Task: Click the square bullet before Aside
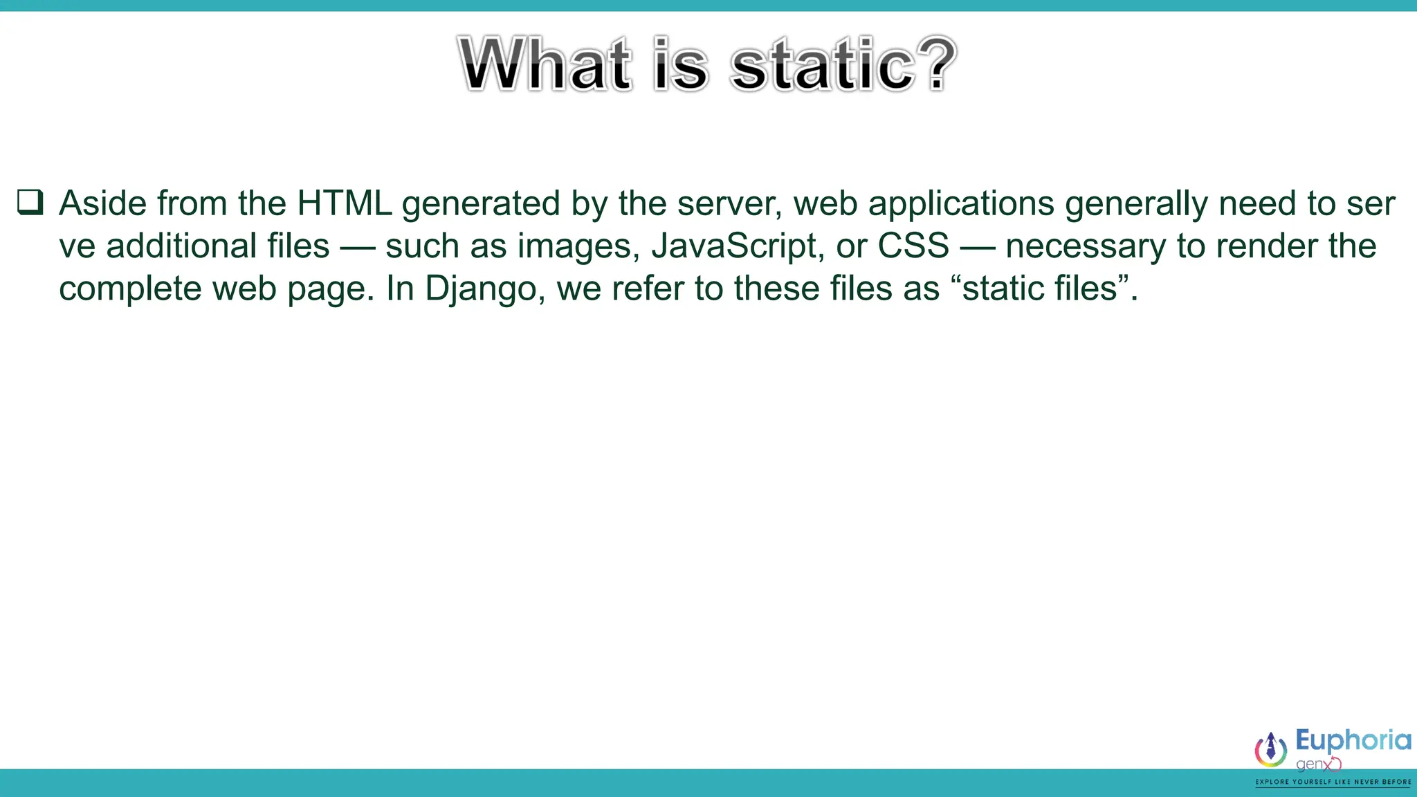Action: (30, 203)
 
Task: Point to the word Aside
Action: (103, 203)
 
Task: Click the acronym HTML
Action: (344, 203)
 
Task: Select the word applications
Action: (961, 205)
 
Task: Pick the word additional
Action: (217, 246)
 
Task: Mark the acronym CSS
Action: (913, 246)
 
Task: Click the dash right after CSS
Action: (977, 247)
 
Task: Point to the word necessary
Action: (1085, 247)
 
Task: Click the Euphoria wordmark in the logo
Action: (1353, 741)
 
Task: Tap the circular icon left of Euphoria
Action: (1270, 749)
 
